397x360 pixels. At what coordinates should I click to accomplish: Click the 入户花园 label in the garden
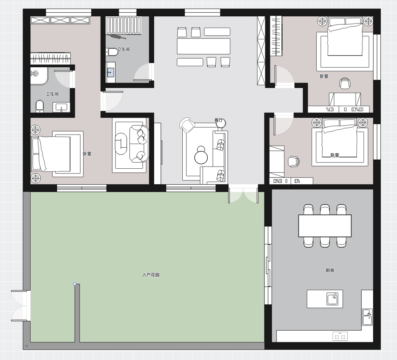(151, 275)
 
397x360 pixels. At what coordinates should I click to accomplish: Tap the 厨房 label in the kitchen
(330, 271)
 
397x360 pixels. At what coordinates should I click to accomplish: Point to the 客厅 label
(219, 120)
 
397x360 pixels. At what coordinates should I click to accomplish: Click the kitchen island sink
(332, 299)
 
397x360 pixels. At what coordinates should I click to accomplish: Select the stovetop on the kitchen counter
(340, 336)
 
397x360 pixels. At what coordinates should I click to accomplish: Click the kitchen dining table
(325, 225)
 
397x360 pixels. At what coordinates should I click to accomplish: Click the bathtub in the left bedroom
(121, 144)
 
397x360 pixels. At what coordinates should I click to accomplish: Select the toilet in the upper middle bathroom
(112, 52)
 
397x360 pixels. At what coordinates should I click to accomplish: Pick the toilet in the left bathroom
(40, 106)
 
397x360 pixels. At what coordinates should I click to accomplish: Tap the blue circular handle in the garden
(75, 284)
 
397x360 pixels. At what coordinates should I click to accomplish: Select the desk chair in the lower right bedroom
(294, 161)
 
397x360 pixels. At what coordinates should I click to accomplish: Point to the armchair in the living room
(187, 125)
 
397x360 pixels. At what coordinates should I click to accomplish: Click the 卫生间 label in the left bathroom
(52, 94)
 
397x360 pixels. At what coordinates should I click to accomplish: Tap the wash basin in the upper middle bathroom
(110, 72)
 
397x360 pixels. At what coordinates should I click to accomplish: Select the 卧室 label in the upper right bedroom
(324, 76)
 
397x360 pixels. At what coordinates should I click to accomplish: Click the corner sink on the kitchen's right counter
(367, 317)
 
